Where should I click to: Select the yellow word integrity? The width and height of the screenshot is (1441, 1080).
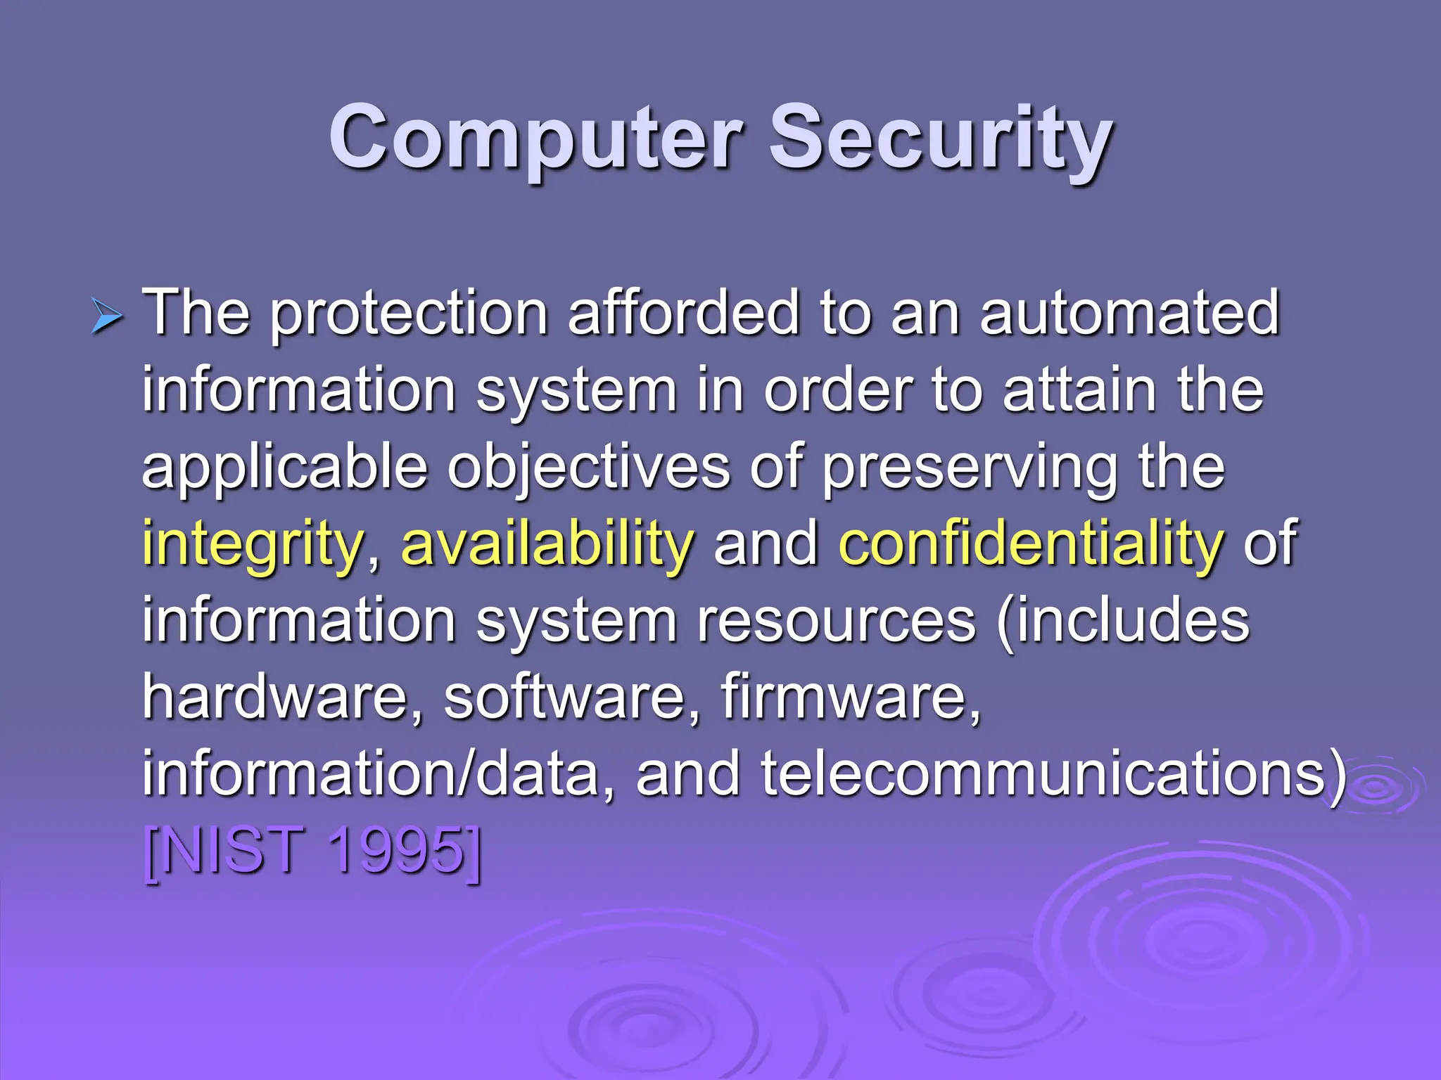click(253, 545)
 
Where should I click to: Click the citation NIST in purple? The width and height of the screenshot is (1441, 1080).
click(224, 851)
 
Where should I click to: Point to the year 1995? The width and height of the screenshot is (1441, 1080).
click(398, 851)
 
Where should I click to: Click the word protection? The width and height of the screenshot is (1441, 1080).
click(409, 314)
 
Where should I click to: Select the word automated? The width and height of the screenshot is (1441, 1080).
click(1129, 312)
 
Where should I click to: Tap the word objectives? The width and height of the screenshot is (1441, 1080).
click(589, 468)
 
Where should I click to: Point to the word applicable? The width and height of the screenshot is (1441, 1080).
click(285, 468)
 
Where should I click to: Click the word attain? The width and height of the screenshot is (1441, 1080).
click(1079, 390)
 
